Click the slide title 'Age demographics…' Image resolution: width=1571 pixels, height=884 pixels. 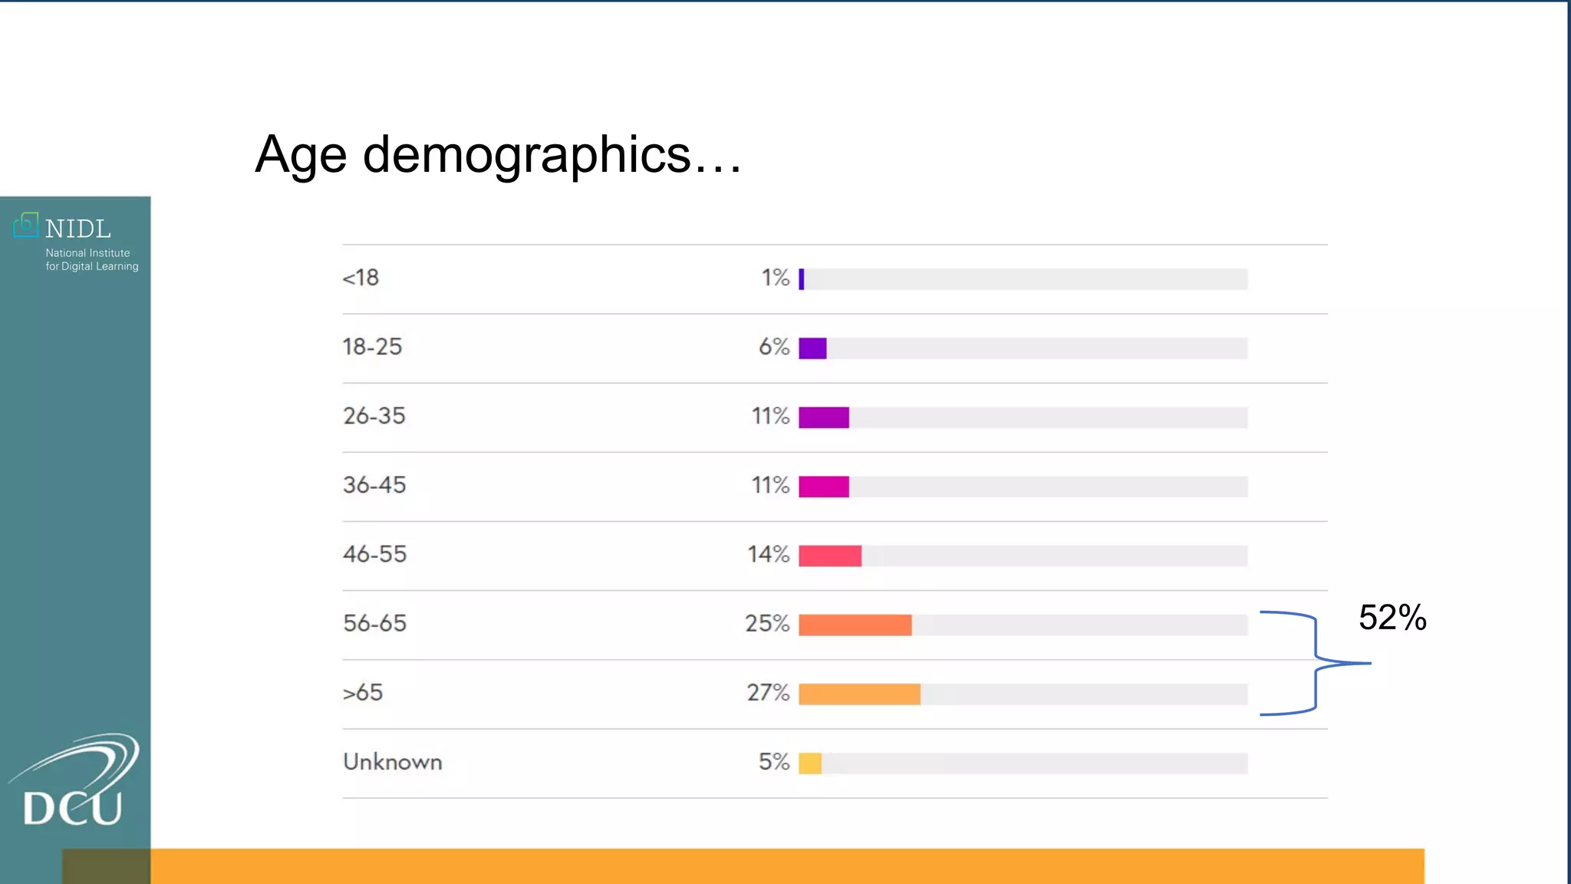coord(499,155)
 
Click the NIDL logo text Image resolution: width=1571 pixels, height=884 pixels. coord(77,229)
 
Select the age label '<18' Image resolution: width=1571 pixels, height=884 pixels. coord(361,278)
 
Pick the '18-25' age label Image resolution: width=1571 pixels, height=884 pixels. coord(372,347)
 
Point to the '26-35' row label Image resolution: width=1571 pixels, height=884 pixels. coord(374,416)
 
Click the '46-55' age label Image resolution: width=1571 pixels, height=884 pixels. coord(374,554)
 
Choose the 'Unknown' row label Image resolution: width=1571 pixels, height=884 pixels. coord(392,762)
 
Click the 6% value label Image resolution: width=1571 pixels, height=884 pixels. coord(774,347)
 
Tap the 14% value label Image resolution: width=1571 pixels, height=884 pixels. coord(769,554)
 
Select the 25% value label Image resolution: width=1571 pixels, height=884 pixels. coord(767,623)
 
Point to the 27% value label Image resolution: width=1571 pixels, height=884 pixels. coord(768,693)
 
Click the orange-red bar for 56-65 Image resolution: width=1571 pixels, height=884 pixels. coord(855,625)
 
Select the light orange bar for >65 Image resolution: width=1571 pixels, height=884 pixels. coord(859,694)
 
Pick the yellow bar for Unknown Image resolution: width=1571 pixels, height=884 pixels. coord(810,764)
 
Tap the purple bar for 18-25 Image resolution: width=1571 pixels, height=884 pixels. coord(812,348)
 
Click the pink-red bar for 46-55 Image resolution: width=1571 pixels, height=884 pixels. coord(830,556)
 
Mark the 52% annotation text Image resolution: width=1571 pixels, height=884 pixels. coord(1392,618)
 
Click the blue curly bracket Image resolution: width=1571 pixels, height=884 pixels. coord(1316,663)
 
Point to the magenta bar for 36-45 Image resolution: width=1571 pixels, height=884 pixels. coord(824,487)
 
